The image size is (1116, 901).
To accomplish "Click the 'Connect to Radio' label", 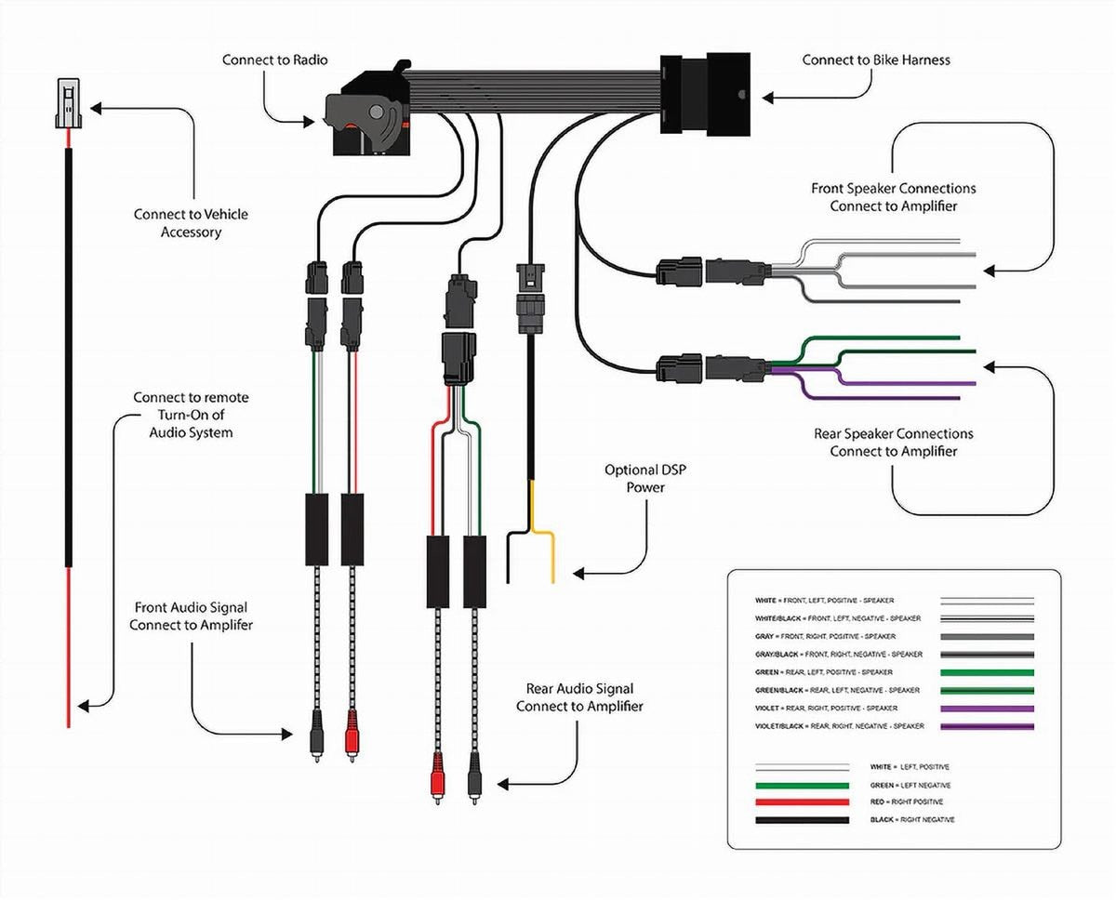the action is click(274, 60).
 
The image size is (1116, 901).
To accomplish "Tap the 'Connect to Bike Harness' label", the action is click(876, 60).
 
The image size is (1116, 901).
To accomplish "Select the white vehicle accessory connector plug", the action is click(68, 103).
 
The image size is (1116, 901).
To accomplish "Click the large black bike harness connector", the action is click(705, 93).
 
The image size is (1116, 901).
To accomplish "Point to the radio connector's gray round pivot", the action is click(377, 112).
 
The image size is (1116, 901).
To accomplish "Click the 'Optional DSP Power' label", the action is click(645, 478).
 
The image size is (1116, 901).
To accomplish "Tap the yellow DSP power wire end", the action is click(552, 580).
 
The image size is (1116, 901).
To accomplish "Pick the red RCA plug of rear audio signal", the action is click(437, 778).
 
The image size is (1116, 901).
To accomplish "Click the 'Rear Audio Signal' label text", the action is click(579, 688).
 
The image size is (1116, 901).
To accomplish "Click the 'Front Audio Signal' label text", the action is click(191, 607).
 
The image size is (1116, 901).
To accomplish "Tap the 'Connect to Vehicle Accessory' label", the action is click(191, 222).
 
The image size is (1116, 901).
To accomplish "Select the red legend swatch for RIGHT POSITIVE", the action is click(803, 802).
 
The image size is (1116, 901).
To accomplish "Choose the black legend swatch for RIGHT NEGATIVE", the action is click(803, 820).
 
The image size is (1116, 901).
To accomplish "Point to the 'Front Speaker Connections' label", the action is click(894, 188).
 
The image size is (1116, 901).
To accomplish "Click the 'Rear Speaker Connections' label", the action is click(894, 433).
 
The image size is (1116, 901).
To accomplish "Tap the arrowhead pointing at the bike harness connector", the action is click(767, 98).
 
